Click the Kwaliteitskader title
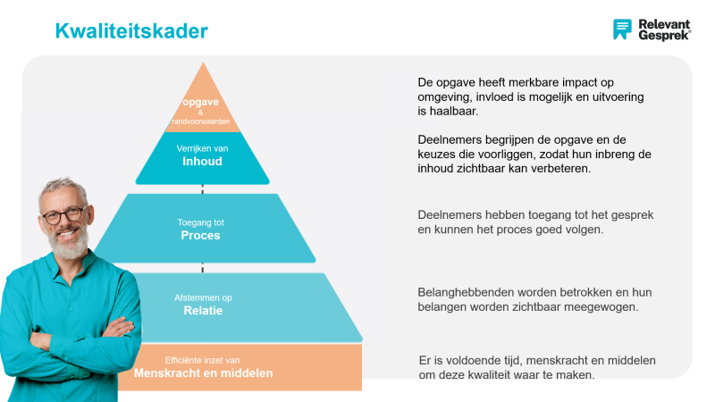(x=131, y=31)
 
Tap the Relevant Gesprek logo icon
(x=622, y=29)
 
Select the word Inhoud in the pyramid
(x=202, y=162)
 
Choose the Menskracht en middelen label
(x=203, y=373)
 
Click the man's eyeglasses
(x=64, y=215)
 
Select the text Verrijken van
(x=202, y=148)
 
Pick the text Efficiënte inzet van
(x=203, y=360)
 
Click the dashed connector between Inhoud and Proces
(x=203, y=188)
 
